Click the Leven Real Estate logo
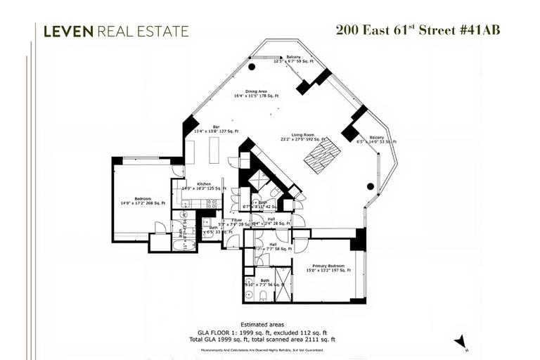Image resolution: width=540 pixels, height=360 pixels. (116, 31)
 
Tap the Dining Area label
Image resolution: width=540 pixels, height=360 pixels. (257, 93)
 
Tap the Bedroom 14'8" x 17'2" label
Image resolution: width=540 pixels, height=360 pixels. (143, 201)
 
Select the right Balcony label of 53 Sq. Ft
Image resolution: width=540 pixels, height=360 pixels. (377, 139)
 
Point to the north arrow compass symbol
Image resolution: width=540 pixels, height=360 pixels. (461, 341)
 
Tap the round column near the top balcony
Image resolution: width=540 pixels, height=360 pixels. (252, 67)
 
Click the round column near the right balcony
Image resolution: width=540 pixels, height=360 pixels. (371, 186)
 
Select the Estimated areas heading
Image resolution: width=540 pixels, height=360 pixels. (269, 324)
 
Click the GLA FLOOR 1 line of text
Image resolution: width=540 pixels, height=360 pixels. (269, 332)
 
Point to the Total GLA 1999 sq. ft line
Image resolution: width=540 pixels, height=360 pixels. (269, 340)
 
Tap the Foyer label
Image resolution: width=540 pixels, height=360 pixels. (236, 221)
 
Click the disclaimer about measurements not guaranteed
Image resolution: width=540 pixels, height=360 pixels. (269, 348)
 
